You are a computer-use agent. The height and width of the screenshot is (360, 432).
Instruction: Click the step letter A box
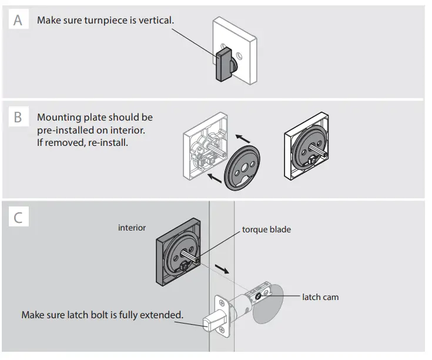18,21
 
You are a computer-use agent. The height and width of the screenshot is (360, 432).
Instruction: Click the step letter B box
18,117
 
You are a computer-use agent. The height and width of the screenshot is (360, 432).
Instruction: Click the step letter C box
18,217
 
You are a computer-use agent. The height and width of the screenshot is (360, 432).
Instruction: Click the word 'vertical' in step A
157,21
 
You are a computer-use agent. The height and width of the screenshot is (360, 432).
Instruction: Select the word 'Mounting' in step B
59,117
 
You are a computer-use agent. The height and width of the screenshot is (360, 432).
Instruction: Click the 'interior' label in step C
132,227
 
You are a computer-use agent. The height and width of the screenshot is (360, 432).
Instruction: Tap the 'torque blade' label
266,229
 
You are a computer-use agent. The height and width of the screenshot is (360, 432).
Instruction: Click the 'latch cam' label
320,297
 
